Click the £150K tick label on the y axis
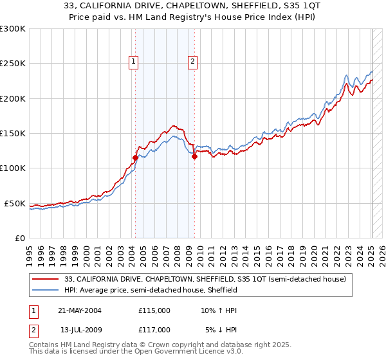coord(12,134)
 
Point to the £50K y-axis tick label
coord(14,203)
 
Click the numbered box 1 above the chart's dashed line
coord(133,62)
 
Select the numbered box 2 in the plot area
coord(192,62)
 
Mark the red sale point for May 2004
coord(135,157)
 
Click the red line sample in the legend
coord(46,279)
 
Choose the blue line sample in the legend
coord(46,290)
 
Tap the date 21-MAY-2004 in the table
coord(80,310)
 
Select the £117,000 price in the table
coord(154,330)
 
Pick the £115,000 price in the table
coord(154,310)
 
